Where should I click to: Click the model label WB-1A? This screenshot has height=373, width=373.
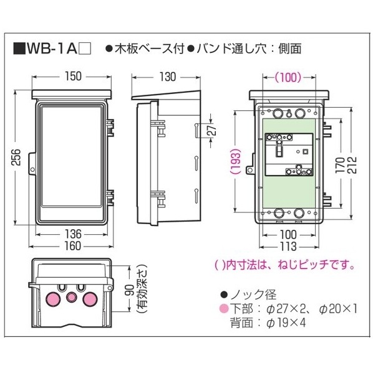pyautogui.click(x=52, y=49)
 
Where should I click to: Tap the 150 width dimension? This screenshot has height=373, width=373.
pyautogui.click(x=73, y=76)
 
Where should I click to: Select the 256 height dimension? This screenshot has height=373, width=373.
pyautogui.click(x=16, y=157)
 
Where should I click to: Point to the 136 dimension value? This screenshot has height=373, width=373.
pyautogui.click(x=73, y=234)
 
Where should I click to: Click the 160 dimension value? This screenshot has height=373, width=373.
pyautogui.click(x=72, y=246)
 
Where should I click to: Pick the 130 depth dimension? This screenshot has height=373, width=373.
pyautogui.click(x=167, y=77)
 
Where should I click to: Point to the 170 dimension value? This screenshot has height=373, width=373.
pyautogui.click(x=340, y=165)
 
